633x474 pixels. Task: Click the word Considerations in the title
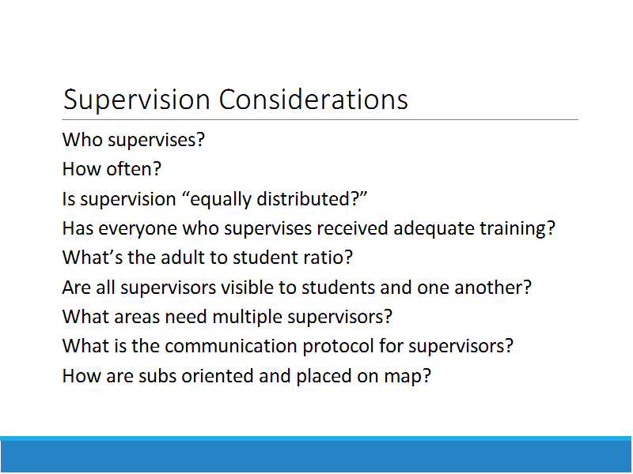coord(313,100)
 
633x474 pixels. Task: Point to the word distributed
coord(312,199)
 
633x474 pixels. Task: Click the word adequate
coord(434,228)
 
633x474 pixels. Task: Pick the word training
coord(517,228)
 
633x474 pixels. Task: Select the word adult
coord(180,258)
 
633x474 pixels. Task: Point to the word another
coord(493,288)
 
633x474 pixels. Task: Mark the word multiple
coord(247,318)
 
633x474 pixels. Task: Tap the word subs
coord(157,376)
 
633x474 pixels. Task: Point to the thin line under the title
coord(320,120)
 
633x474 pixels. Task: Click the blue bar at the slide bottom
coord(316,455)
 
